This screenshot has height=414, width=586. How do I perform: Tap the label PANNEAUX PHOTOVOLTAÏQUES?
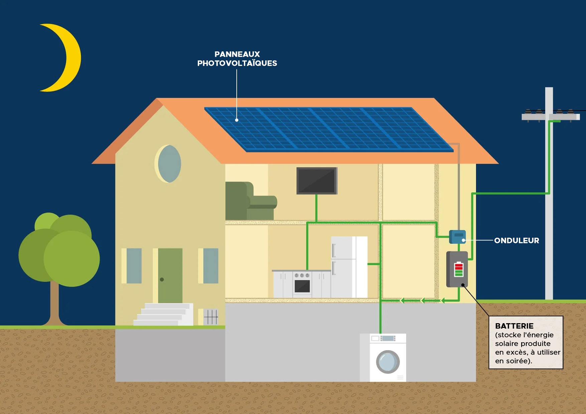237,59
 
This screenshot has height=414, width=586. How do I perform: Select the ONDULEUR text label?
516,240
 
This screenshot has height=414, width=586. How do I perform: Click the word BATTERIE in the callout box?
514,326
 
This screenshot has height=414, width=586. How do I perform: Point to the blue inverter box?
457,237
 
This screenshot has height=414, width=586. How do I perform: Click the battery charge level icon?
459,270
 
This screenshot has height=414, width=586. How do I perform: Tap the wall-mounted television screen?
317,181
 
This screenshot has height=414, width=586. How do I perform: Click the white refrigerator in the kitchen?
349,267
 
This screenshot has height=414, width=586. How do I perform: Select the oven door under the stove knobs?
302,286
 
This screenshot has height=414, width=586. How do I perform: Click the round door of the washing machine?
388,362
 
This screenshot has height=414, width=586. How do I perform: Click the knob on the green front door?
162,279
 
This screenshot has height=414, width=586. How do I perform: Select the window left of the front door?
134,266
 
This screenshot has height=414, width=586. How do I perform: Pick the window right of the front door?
210,266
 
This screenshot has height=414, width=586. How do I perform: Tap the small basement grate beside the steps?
211,317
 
